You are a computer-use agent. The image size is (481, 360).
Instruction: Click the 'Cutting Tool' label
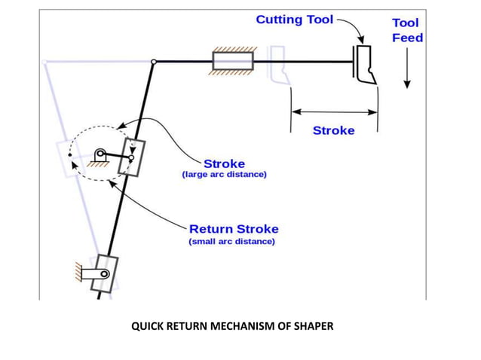coord(293,20)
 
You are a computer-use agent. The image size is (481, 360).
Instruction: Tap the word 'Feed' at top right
coord(407,38)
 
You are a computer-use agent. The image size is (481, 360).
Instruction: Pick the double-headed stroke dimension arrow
coord(334,111)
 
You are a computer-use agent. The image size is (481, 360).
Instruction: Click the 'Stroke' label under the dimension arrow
coord(333,130)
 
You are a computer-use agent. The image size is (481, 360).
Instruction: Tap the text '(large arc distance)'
coord(224,175)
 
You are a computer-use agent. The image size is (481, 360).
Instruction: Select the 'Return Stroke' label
coord(233,229)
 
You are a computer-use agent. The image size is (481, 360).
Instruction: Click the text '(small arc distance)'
coord(231,242)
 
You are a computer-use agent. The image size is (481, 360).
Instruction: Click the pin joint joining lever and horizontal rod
coord(154,62)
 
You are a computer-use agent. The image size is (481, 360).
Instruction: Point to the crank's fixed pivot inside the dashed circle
coord(99,154)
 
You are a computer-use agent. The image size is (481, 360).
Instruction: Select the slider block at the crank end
coord(133,157)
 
